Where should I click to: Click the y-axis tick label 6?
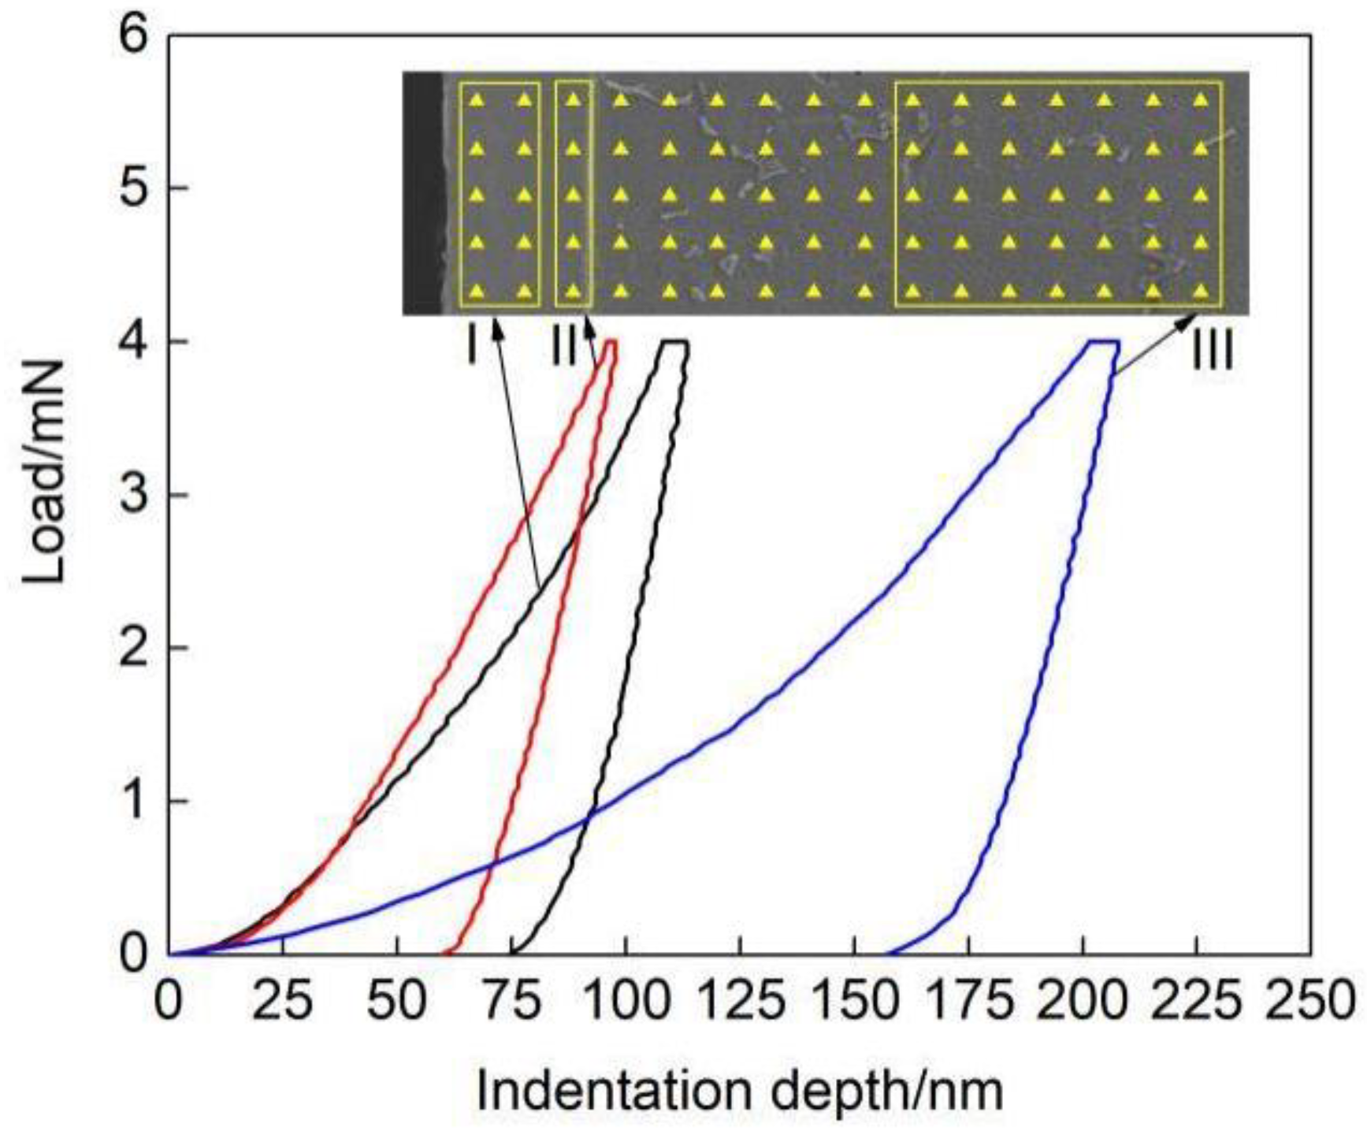point(134,37)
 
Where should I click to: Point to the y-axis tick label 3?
point(134,496)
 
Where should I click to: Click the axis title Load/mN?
point(43,473)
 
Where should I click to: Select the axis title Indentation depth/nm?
point(740,1091)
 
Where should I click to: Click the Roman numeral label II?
point(564,347)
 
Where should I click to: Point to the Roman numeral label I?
point(471,347)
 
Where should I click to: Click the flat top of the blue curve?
point(1103,341)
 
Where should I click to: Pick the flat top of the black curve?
point(675,341)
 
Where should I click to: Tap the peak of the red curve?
point(611,341)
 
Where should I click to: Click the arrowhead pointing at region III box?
point(1188,320)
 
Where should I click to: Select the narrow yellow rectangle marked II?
point(574,194)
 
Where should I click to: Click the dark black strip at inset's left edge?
point(422,194)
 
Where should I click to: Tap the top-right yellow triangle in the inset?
point(1201,99)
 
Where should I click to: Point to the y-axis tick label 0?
point(134,954)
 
